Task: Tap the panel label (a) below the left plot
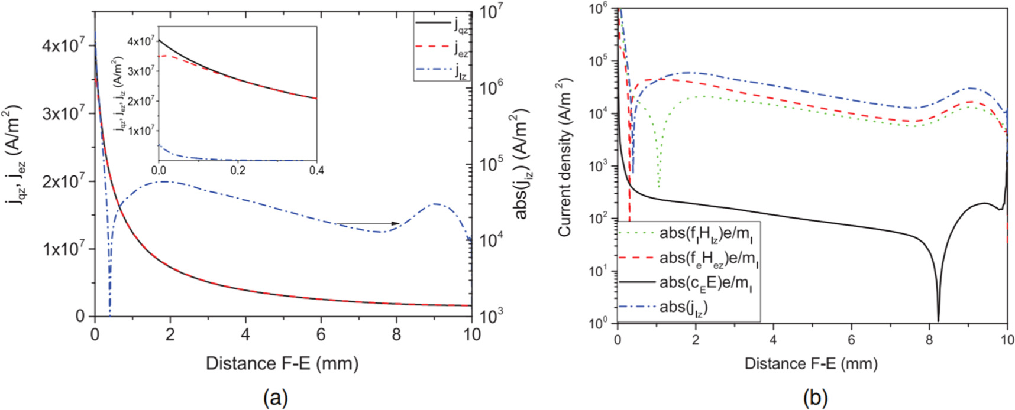pos(276,398)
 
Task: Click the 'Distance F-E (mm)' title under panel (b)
pos(811,363)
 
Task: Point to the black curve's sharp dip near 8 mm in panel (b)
pos(939,320)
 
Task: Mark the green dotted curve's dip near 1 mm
pos(658,185)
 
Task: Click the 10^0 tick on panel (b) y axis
pos(603,323)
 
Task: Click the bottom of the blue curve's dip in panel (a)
pos(110,314)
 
